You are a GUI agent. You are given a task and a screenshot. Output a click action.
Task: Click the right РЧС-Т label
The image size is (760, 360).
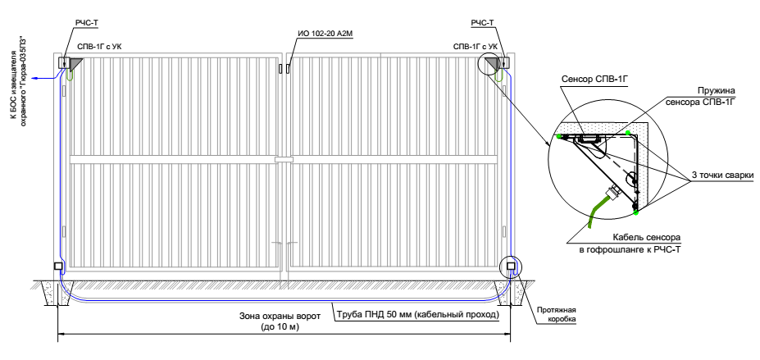coord(483,23)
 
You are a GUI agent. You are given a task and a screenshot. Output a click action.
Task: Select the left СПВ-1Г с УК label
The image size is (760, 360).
coord(101,47)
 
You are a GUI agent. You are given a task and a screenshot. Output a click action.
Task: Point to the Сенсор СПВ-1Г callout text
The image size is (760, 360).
coord(594,80)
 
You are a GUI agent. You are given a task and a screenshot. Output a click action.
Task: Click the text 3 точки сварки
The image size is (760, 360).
coord(722,175)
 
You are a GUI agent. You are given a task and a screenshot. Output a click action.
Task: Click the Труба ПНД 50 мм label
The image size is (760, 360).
coord(418,316)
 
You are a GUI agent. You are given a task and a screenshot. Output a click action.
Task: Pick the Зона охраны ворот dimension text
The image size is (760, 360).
coord(280,321)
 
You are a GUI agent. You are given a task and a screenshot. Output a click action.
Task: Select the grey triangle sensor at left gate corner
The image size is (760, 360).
coord(76,64)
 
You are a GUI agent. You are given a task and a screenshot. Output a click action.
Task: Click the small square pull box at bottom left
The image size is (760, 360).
coord(57,266)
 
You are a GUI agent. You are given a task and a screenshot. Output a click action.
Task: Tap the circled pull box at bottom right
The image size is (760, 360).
coord(511,266)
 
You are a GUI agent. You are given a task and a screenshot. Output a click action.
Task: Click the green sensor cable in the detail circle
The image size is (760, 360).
coord(596,209)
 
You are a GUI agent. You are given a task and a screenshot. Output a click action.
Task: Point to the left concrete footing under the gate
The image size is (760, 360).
coord(59,293)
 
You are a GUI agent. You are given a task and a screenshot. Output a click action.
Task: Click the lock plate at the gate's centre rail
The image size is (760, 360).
coord(284,159)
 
